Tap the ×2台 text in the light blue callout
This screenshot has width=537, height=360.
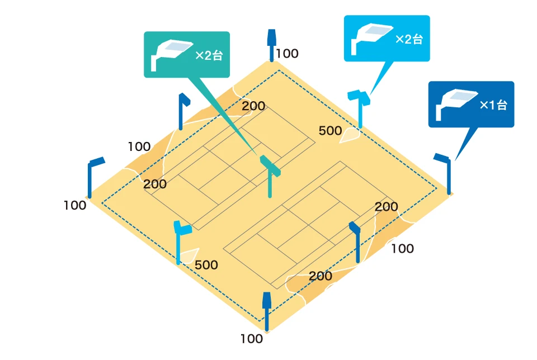(409, 39)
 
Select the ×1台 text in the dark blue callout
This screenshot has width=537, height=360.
(493, 105)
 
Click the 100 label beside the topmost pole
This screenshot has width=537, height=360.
(288, 54)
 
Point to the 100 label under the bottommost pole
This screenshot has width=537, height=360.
(251, 338)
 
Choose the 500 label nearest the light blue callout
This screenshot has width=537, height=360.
(330, 131)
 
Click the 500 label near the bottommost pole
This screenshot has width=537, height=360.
(206, 265)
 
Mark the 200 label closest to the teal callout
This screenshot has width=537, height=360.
(253, 106)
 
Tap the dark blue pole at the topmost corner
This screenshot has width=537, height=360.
(272, 45)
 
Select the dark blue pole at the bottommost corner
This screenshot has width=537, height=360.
(267, 310)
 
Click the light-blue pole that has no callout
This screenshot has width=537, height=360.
(180, 240)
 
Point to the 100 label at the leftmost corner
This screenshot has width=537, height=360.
(75, 205)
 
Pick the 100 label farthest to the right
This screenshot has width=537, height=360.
(402, 249)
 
